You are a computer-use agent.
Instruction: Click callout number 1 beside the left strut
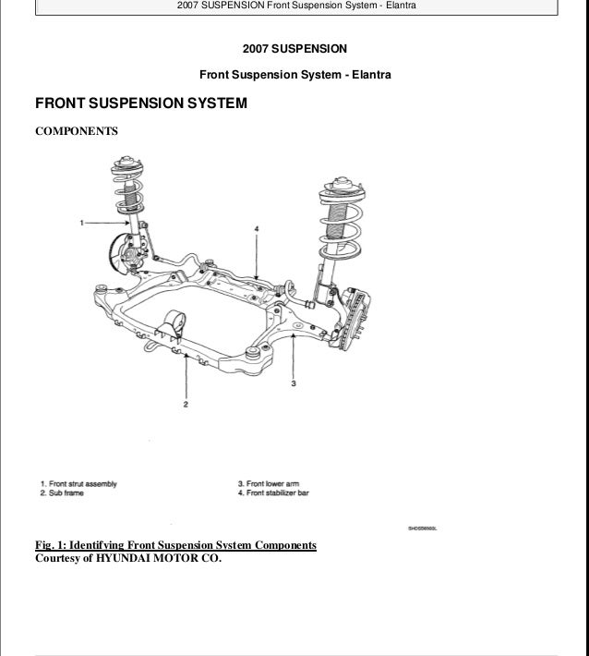coord(82,223)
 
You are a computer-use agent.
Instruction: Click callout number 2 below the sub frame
coord(186,403)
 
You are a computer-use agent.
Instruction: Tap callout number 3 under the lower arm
coord(293,381)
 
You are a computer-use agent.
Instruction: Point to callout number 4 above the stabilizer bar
coord(256,227)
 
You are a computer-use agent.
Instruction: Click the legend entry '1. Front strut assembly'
coord(78,483)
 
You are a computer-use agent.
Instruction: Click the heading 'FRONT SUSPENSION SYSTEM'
coord(140,103)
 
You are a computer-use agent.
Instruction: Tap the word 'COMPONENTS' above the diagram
coord(76,132)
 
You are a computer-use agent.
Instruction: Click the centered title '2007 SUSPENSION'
coord(294,48)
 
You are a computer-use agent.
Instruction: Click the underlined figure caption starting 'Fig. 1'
coord(175,545)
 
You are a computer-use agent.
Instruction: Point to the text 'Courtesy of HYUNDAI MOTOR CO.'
coord(128,558)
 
